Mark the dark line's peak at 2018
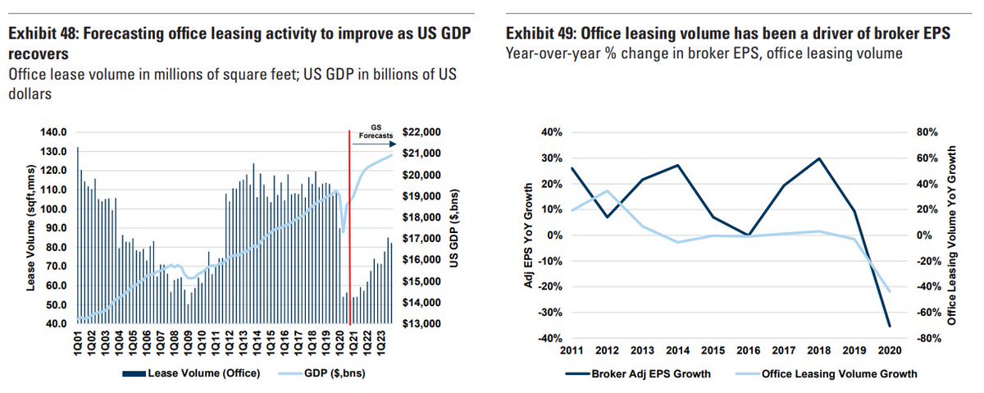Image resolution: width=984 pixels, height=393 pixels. point(819,158)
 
